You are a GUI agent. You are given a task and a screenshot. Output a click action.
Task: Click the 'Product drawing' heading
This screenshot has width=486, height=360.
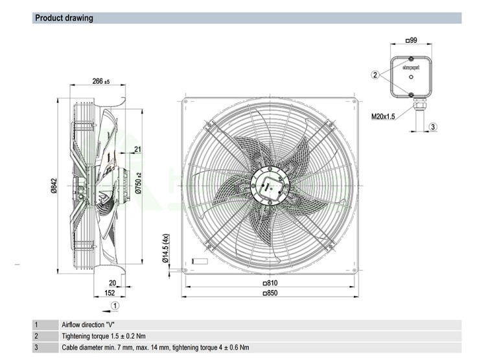(x=64, y=18)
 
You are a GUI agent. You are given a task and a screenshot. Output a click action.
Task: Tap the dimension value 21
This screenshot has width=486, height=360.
(x=137, y=150)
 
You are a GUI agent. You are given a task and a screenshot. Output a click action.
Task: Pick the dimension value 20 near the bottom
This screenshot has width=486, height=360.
(x=112, y=282)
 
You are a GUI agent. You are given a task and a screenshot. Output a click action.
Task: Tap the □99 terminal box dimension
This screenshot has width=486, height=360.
(x=411, y=41)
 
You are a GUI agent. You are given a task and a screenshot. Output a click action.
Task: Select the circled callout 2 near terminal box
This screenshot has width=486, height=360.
(x=375, y=75)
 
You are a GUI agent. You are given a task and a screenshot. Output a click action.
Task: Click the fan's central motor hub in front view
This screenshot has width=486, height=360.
(x=270, y=183)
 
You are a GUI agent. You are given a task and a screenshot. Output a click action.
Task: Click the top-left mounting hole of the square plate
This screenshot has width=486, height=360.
(x=185, y=101)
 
